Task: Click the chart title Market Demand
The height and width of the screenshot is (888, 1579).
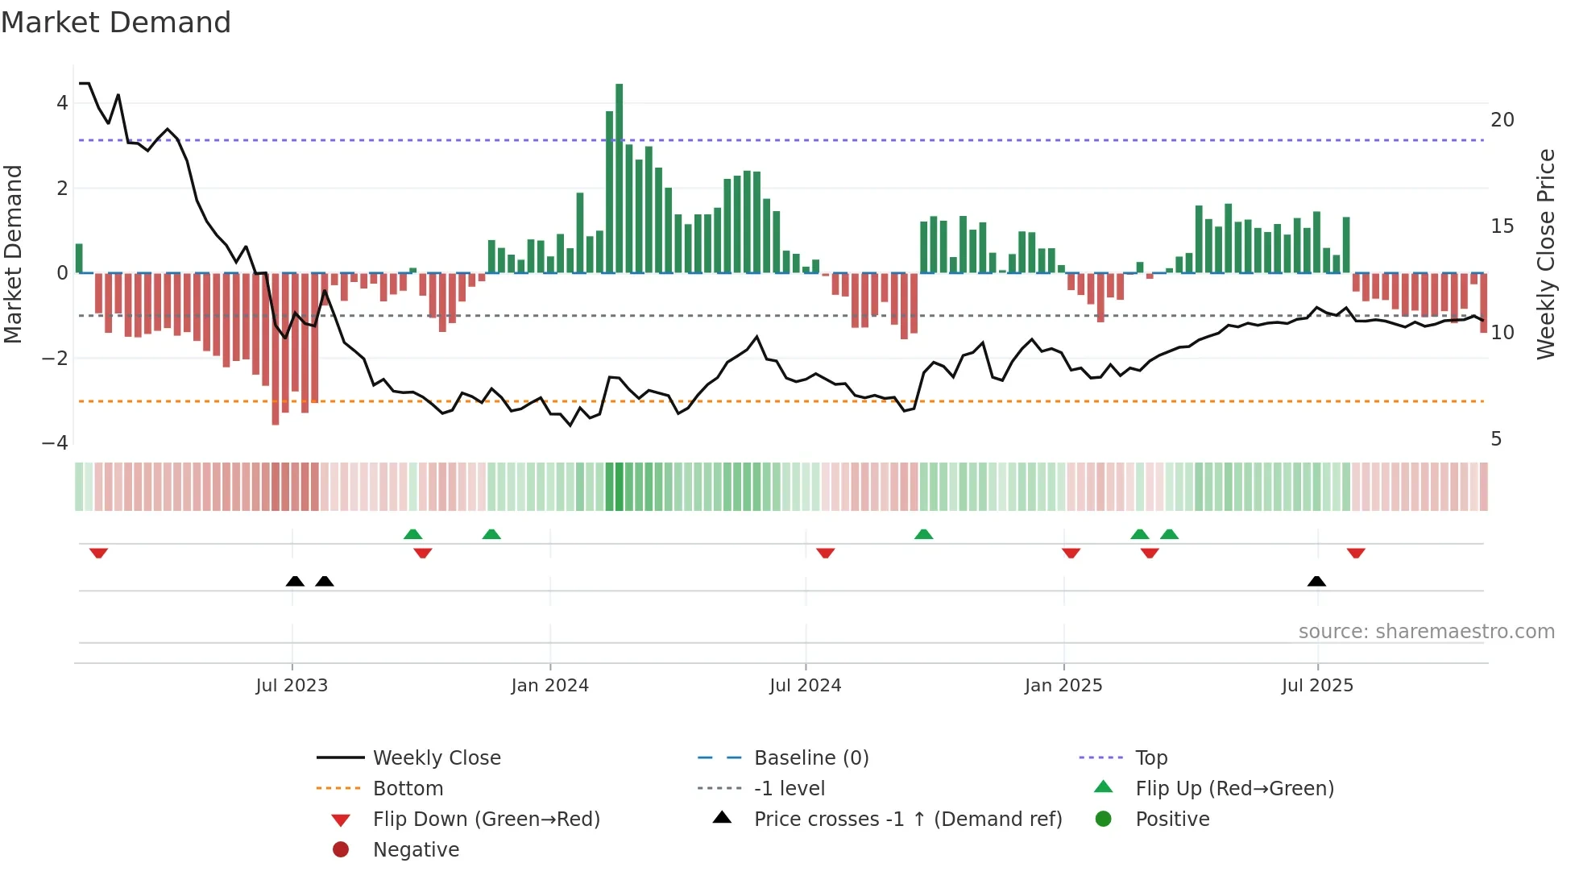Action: [x=116, y=23]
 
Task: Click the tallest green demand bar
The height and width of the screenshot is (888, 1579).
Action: [x=619, y=177]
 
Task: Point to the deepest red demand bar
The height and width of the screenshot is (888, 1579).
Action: [x=276, y=348]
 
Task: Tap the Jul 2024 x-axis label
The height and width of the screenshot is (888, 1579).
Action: [x=805, y=686]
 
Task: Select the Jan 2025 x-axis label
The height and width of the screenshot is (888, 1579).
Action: [x=1063, y=686]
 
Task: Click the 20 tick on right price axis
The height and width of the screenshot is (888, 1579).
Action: [x=1502, y=120]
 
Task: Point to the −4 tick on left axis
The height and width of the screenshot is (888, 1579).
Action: [x=55, y=443]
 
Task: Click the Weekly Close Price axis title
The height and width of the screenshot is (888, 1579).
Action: [x=1545, y=254]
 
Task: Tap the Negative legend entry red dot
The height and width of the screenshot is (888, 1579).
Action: [x=341, y=850]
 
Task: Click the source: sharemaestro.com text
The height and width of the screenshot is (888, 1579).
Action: [x=1426, y=632]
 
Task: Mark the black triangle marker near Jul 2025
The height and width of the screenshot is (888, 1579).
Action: [x=1316, y=581]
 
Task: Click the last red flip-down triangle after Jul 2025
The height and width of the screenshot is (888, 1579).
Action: [x=1356, y=553]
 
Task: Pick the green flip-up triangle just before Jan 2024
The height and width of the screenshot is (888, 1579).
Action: [x=491, y=534]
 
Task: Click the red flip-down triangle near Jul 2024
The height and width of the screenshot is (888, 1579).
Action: [x=825, y=553]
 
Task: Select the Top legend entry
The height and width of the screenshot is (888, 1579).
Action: [x=1150, y=758]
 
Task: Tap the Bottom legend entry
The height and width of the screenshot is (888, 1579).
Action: [x=408, y=789]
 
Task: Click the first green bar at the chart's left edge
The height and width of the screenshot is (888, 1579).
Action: [x=79, y=258]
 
